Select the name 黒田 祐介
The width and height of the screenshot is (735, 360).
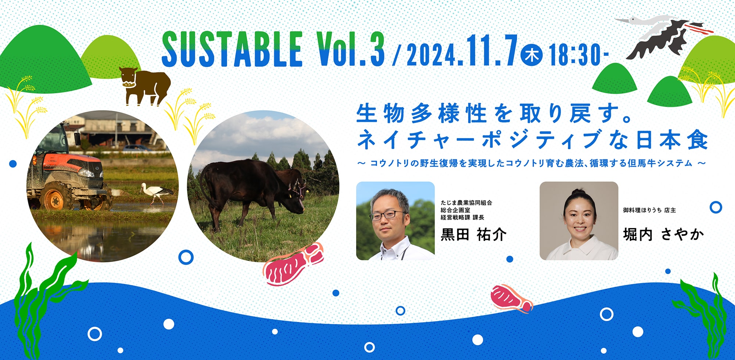point(473,235)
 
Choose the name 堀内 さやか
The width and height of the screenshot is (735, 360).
point(663,235)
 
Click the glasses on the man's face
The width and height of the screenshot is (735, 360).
point(388,215)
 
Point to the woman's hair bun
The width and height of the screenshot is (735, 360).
point(578,192)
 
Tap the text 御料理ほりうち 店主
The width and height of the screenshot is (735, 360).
point(649,210)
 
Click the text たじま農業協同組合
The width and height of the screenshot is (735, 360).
point(466,203)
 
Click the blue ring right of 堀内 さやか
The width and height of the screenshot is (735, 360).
point(716,208)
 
